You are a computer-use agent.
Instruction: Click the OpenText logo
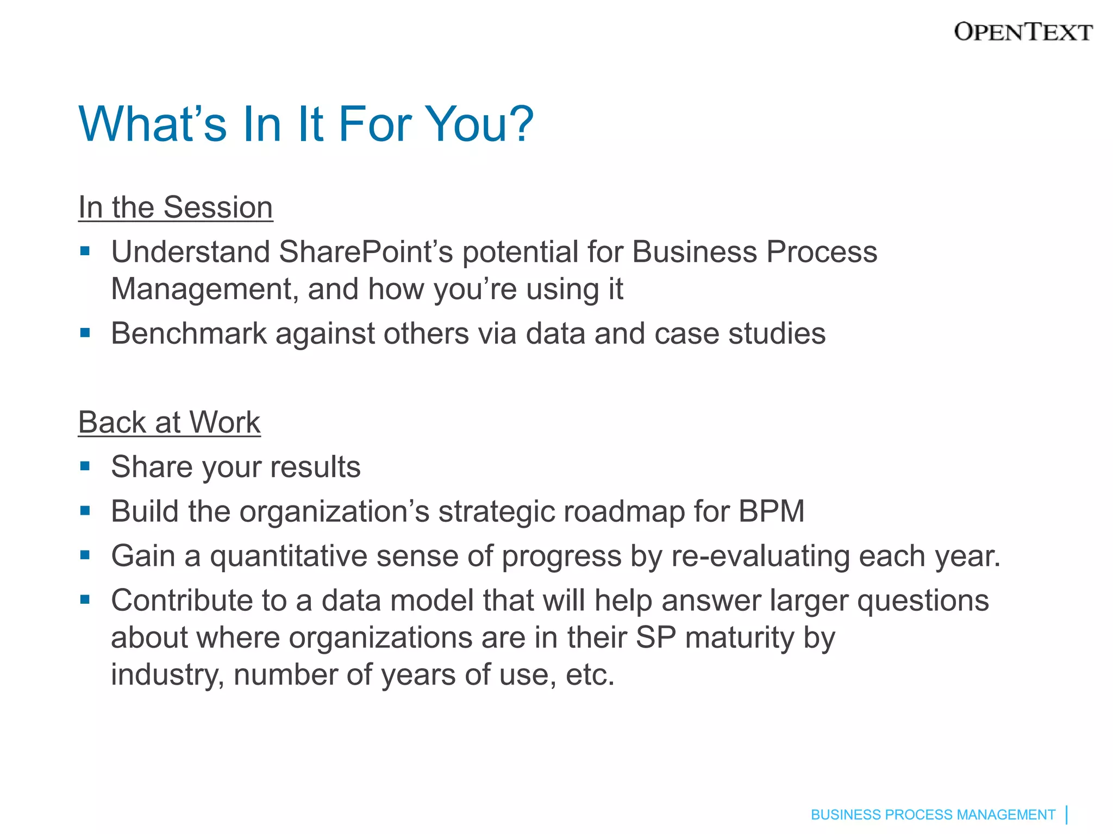pyautogui.click(x=1023, y=32)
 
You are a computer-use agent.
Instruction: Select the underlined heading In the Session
pyautogui.click(x=176, y=207)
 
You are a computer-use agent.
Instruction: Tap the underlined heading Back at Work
pyautogui.click(x=170, y=422)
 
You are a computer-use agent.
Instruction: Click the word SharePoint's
pyautogui.click(x=366, y=252)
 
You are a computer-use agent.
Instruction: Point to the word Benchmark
pyautogui.click(x=189, y=333)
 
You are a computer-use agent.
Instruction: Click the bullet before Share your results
pyautogui.click(x=85, y=466)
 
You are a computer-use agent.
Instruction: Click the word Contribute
pyautogui.click(x=182, y=601)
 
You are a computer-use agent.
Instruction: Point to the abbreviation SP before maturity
pyautogui.click(x=655, y=637)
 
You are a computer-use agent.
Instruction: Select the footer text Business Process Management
pyautogui.click(x=933, y=814)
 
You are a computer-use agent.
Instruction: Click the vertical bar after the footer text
pyautogui.click(x=1067, y=814)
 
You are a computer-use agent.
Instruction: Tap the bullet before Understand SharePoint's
pyautogui.click(x=85, y=251)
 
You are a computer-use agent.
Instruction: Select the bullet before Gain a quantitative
pyautogui.click(x=85, y=555)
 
